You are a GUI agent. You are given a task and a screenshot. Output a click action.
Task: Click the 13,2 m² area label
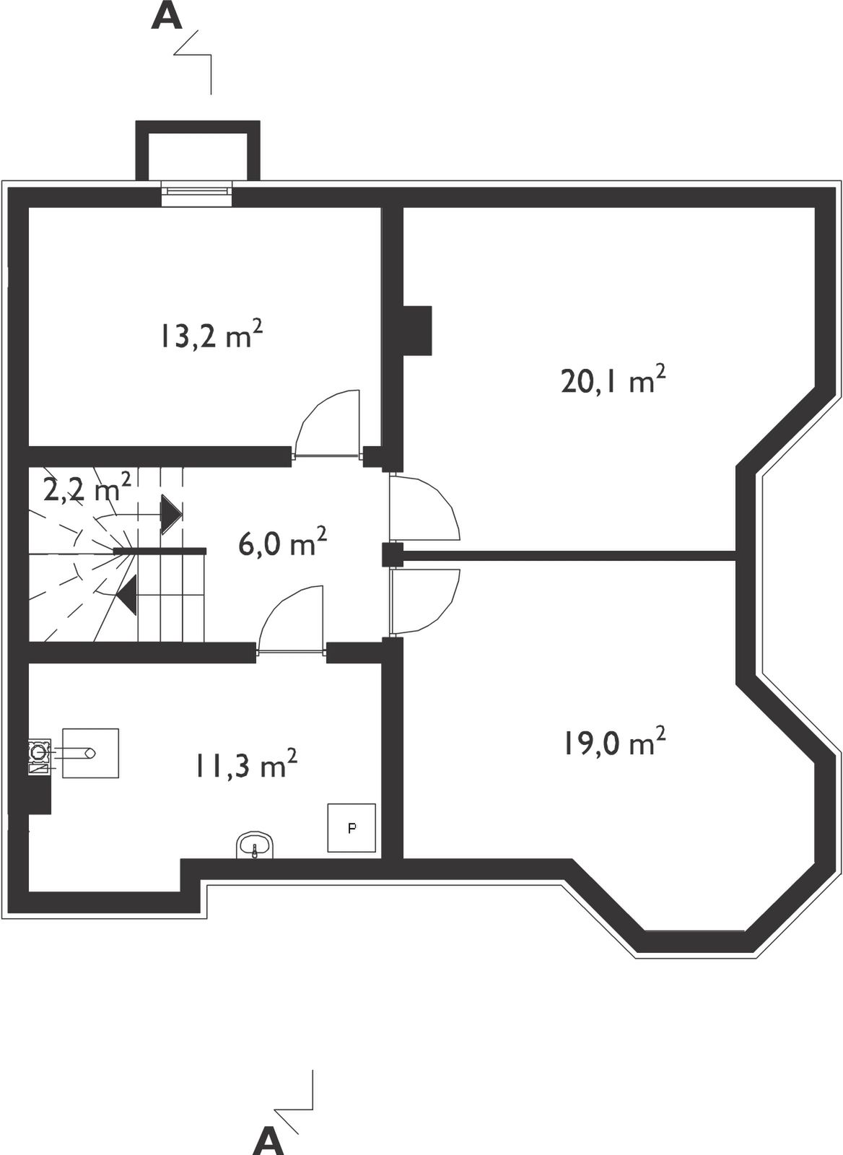coord(212,335)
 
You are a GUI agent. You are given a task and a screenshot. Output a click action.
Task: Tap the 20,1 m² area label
coord(613,380)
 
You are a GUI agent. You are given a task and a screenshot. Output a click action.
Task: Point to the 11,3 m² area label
coord(246,764)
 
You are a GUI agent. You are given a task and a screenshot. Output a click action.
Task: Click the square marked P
coord(351,827)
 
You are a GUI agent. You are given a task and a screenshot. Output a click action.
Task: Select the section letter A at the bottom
coord(268,1141)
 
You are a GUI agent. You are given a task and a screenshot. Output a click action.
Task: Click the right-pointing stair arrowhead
coord(171,515)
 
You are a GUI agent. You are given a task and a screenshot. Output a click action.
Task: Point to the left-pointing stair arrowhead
coord(126,596)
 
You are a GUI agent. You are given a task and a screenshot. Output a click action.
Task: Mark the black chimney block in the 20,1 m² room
coord(416,331)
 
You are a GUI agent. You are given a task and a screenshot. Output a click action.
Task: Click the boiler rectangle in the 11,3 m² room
coord(91,753)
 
